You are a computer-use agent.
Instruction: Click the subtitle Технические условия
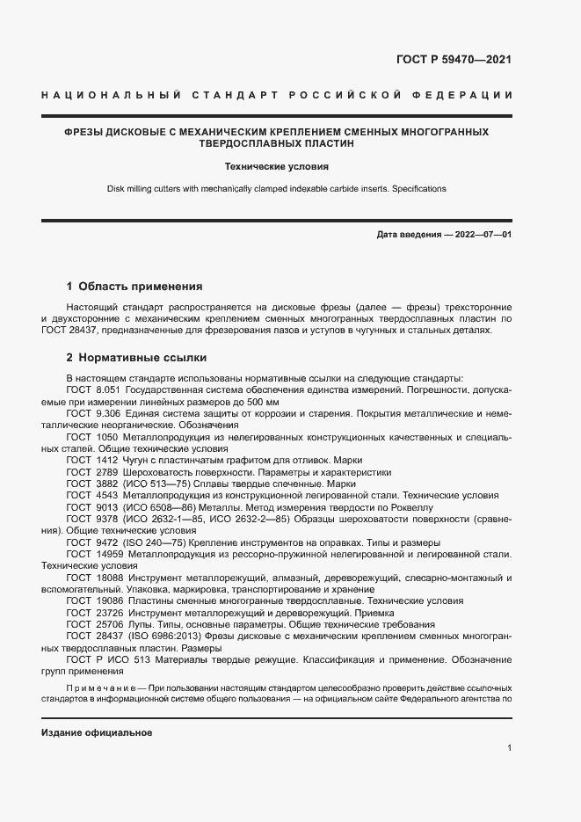(x=276, y=165)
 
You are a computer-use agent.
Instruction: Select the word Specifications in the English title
(x=419, y=188)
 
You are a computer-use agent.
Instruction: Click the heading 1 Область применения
(x=134, y=287)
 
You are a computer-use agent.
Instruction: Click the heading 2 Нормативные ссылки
(x=136, y=359)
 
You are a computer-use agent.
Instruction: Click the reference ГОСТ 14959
(x=93, y=555)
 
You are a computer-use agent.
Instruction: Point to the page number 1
(x=509, y=747)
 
